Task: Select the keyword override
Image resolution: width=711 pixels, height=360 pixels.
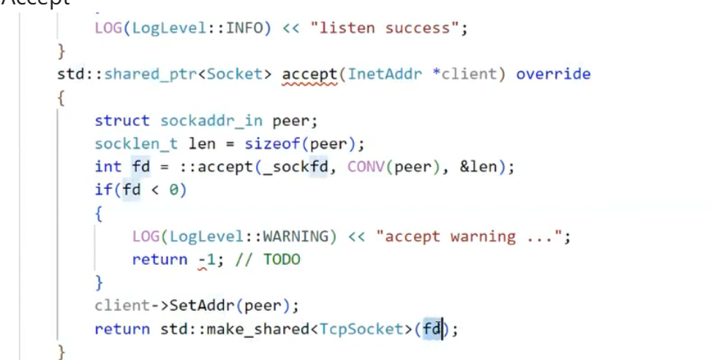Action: click(553, 74)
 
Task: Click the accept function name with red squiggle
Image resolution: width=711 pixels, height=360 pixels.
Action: click(309, 74)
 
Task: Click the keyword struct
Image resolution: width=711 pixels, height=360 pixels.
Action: click(121, 121)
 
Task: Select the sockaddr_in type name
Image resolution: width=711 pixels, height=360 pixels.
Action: click(212, 121)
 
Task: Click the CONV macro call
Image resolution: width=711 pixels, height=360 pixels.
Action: click(366, 167)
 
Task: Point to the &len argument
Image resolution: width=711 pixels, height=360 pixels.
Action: click(478, 167)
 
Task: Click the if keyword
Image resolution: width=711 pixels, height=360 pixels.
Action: click(102, 190)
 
